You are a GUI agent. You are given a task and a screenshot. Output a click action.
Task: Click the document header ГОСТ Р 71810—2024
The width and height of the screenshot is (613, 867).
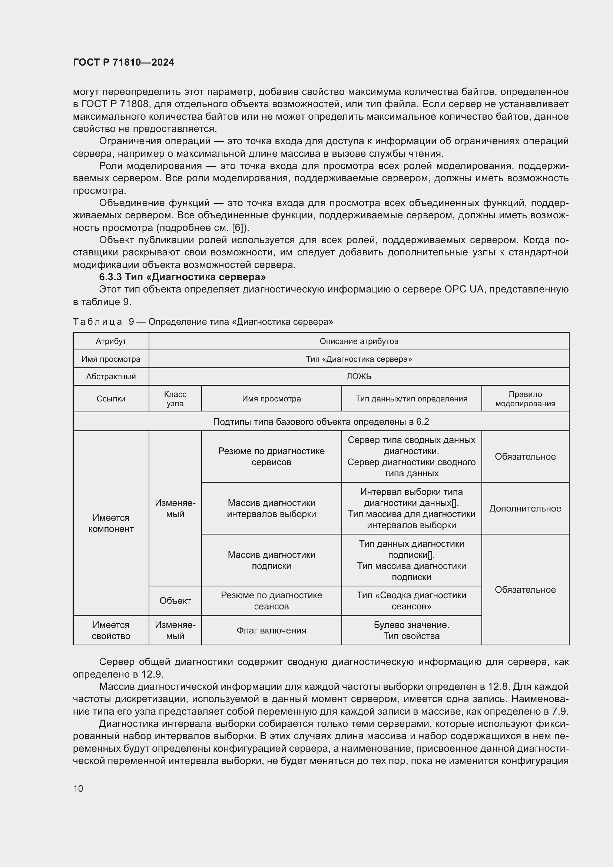[x=123, y=62]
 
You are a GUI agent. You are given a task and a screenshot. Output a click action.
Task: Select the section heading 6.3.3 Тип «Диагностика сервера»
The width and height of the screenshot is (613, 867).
[x=182, y=277]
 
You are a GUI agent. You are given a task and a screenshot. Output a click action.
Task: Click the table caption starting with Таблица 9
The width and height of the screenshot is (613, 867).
[x=203, y=322]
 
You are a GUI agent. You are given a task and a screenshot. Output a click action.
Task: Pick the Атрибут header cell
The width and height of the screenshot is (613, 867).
[x=110, y=341]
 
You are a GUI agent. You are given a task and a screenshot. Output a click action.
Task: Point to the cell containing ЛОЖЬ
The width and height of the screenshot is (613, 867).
[x=359, y=377]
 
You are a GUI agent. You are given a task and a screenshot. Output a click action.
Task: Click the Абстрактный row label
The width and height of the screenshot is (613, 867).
[x=110, y=377]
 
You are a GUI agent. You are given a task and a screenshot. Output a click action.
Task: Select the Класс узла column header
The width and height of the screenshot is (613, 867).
[x=175, y=399]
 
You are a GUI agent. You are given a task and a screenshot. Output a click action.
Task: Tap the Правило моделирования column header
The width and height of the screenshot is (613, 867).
[x=525, y=399]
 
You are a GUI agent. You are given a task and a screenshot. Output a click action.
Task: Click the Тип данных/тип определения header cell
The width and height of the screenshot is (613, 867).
[x=411, y=399]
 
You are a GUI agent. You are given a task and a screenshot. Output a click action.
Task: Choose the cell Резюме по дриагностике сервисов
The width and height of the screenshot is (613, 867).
[x=271, y=457]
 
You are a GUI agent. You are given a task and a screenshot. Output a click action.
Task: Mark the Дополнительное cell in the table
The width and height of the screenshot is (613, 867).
[x=525, y=509]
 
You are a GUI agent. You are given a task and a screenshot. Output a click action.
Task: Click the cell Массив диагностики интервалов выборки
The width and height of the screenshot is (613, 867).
[x=271, y=509]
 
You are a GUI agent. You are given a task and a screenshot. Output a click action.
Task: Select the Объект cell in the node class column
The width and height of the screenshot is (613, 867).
[x=175, y=601]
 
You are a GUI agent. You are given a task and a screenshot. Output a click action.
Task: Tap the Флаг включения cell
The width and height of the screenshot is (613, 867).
[x=271, y=630]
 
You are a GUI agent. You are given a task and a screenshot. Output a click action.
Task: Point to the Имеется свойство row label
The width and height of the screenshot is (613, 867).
[x=110, y=630]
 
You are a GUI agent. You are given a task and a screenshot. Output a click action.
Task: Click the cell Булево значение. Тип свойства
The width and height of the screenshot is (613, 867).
[x=411, y=630]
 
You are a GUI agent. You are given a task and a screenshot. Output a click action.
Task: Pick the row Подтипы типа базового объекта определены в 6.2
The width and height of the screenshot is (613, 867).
[x=321, y=422]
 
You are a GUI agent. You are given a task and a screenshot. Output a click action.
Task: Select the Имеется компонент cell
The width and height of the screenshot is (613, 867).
[x=110, y=523]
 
